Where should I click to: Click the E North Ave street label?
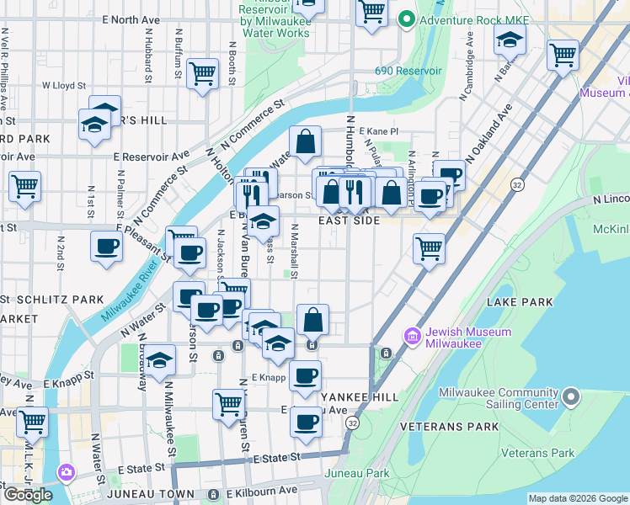(130, 19)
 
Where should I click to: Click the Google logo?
(28, 495)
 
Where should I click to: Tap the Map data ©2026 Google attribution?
(578, 498)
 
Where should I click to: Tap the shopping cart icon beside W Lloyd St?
(203, 74)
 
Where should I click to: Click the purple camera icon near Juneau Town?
(66, 473)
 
